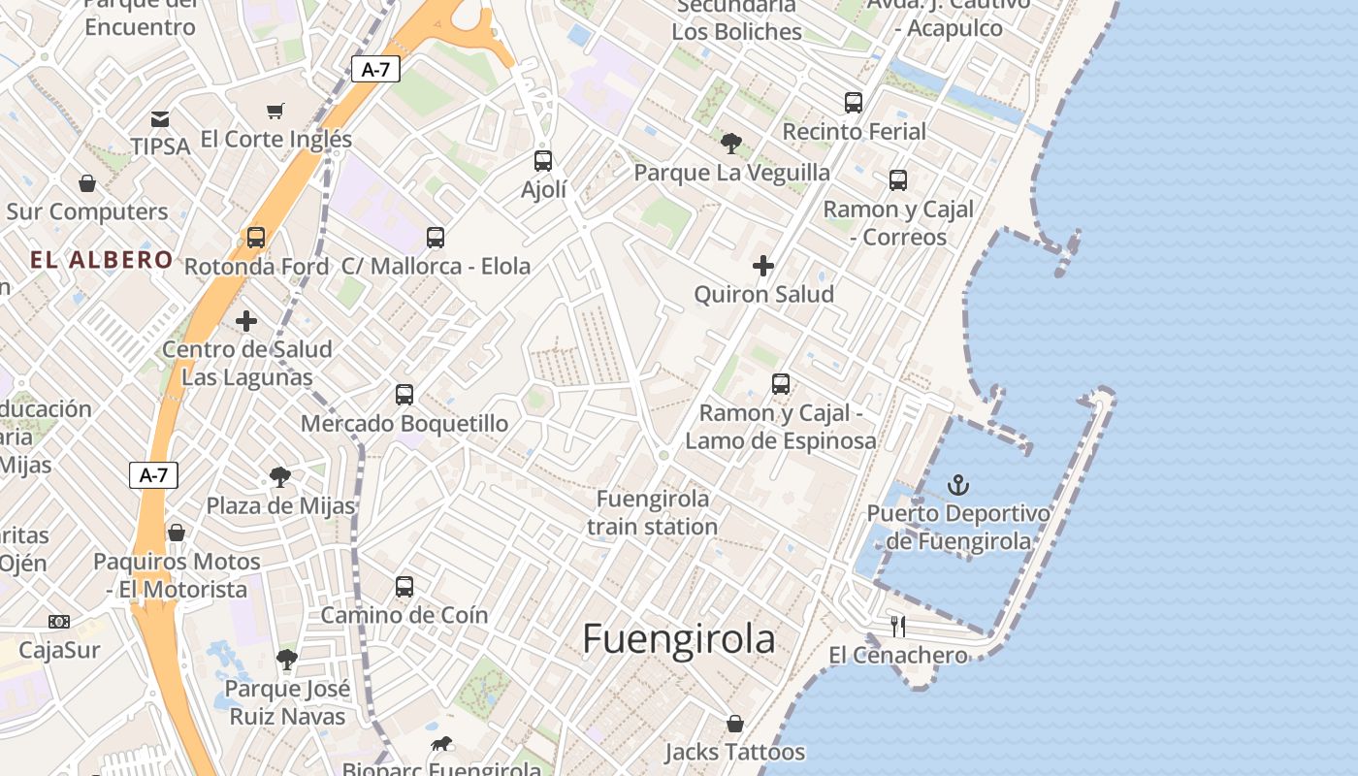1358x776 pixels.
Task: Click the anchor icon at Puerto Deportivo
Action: (958, 484)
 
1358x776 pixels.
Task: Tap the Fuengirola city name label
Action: (679, 639)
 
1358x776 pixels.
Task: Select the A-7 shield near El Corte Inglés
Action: (375, 69)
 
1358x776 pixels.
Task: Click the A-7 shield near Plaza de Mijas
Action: (153, 475)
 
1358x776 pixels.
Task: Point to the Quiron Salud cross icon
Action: (763, 265)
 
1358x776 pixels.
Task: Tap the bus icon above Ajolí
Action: (543, 160)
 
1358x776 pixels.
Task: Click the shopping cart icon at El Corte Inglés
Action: (275, 111)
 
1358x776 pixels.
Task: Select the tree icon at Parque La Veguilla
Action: (731, 144)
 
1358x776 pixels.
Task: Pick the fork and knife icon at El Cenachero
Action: (898, 626)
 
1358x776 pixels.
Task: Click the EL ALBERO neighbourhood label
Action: (101, 260)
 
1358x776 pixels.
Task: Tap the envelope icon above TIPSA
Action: (160, 118)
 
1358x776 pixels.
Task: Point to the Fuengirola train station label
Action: (652, 512)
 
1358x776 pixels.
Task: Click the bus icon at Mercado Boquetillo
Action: (404, 395)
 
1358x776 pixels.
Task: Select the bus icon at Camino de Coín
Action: (404, 586)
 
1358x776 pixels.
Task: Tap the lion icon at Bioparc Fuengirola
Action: (441, 744)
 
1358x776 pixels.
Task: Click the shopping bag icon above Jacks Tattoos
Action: (735, 724)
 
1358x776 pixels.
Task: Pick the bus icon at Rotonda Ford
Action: (256, 237)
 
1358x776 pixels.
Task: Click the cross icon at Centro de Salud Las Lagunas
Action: (246, 320)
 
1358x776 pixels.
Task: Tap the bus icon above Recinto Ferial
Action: (854, 102)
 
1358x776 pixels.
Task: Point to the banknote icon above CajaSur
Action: (59, 621)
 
